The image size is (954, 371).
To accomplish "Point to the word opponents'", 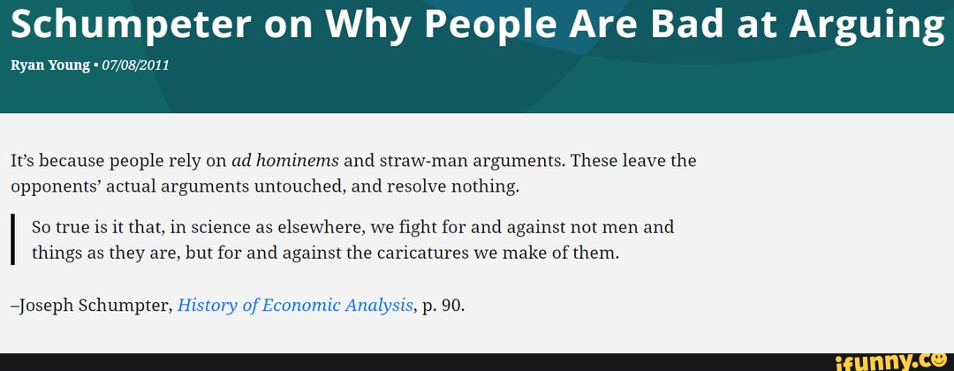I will pos(55,186).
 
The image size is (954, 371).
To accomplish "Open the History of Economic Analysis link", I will pos(296,306).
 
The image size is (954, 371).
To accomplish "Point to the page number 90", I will pos(450,306).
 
